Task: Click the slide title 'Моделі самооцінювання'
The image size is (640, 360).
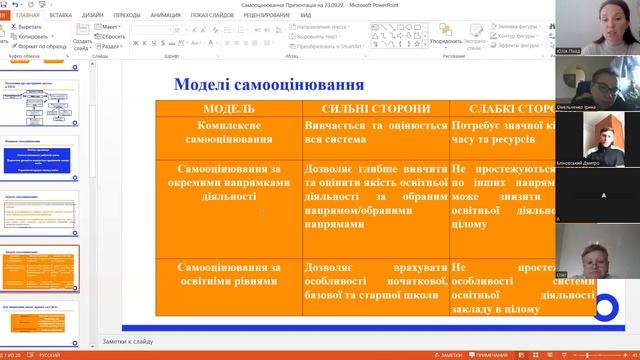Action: pyautogui.click(x=269, y=84)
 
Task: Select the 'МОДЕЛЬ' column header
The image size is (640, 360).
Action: pyautogui.click(x=229, y=108)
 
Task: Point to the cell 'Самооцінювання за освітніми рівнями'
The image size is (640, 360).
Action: pyautogui.click(x=229, y=276)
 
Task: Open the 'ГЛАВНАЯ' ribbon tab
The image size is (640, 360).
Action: pyautogui.click(x=29, y=16)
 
